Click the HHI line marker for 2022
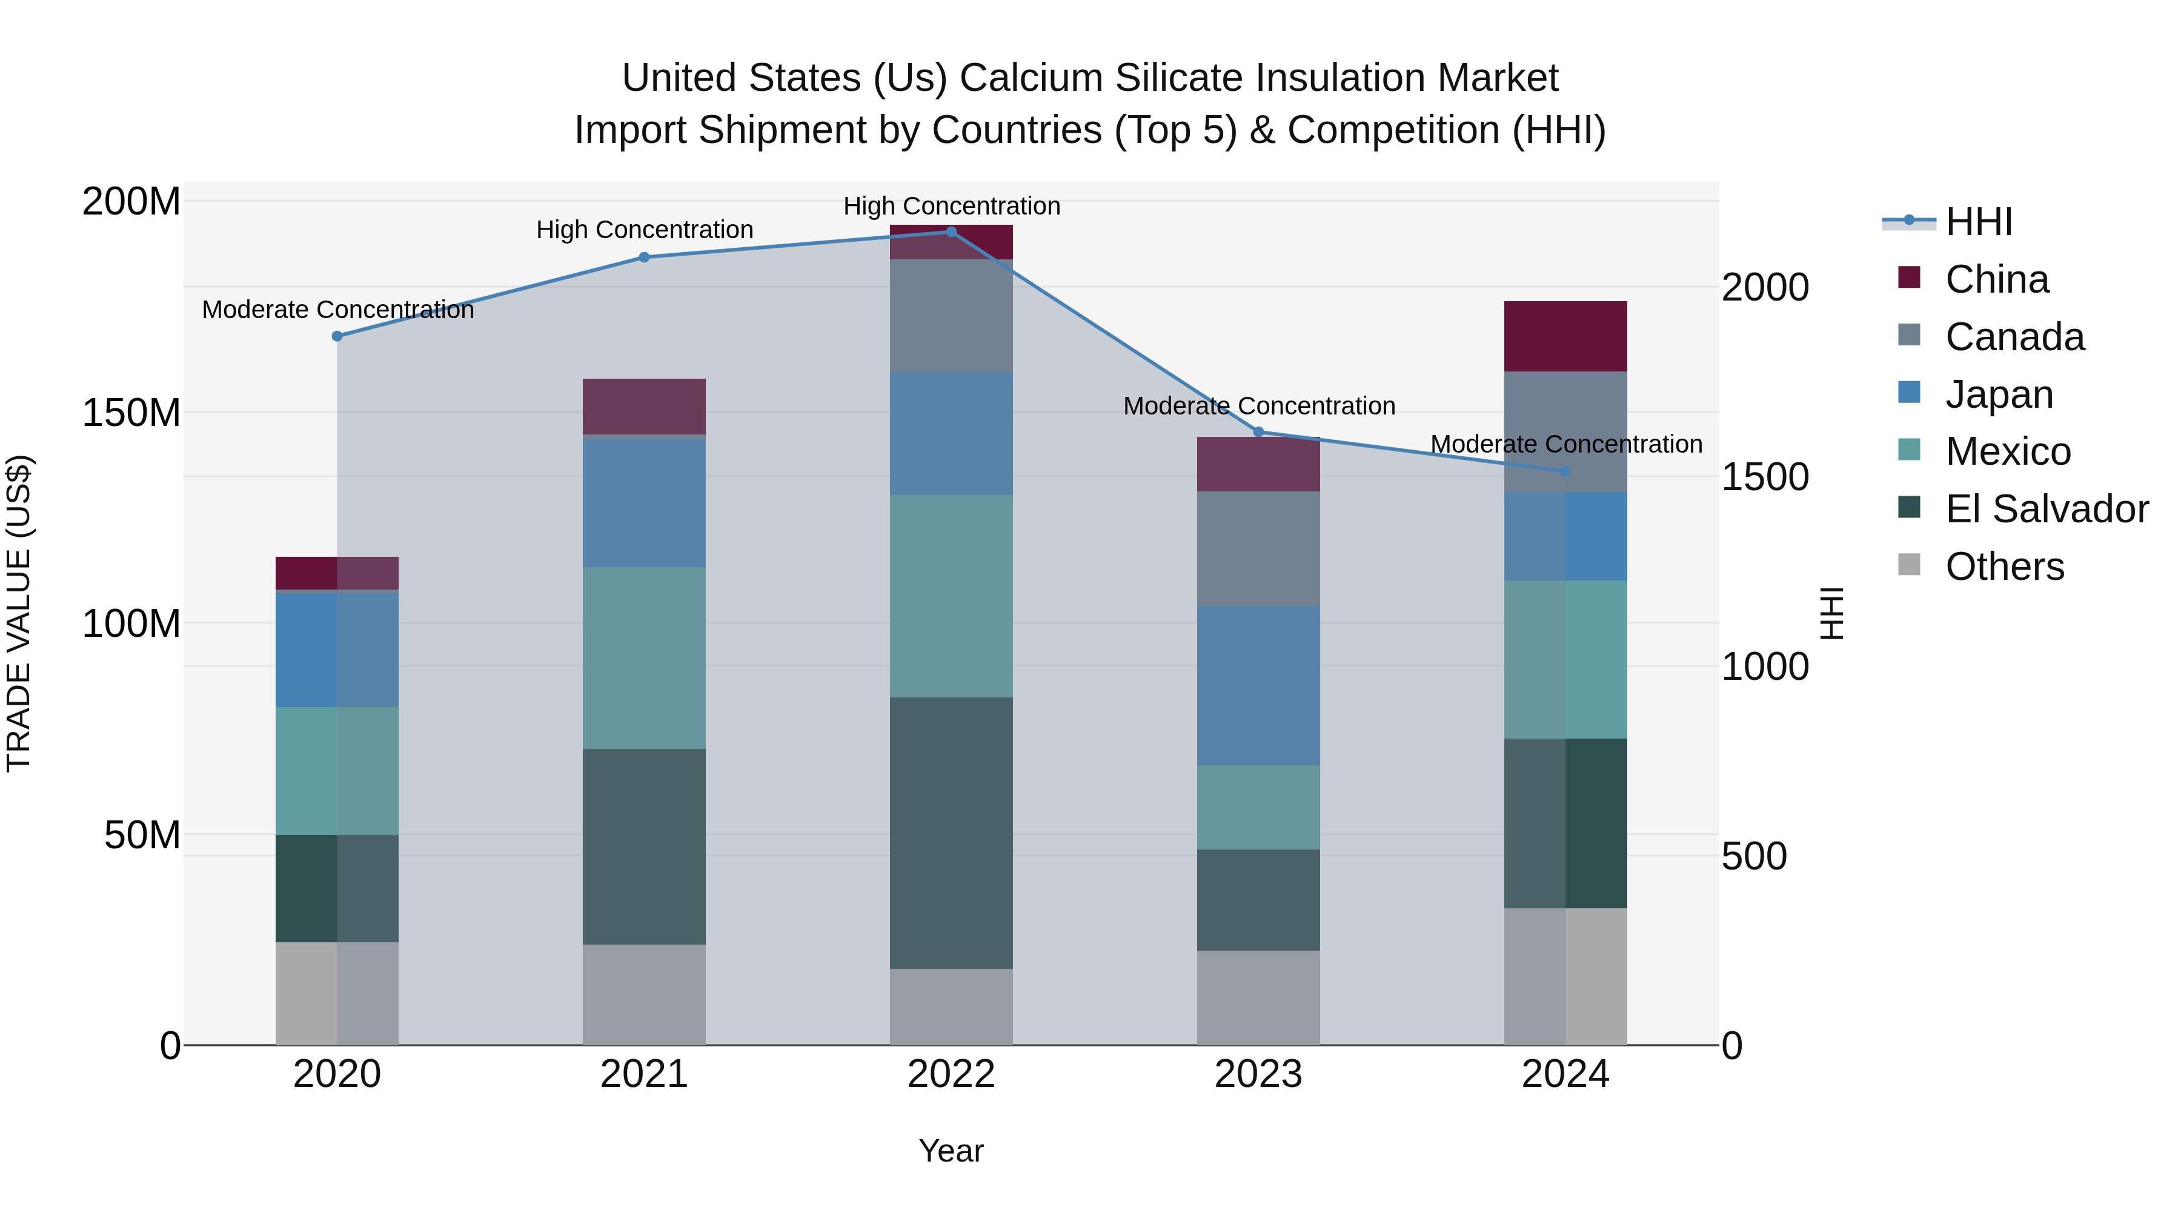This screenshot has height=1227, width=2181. pyautogui.click(x=951, y=232)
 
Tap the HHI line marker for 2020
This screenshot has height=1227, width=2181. pyautogui.click(x=337, y=336)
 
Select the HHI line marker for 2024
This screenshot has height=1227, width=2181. pyautogui.click(x=1565, y=471)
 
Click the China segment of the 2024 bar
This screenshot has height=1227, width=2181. pyautogui.click(x=1565, y=336)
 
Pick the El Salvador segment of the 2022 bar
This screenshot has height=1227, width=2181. pyautogui.click(x=951, y=833)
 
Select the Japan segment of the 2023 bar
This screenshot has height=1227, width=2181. pyautogui.click(x=1258, y=685)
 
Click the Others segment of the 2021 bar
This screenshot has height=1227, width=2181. pyautogui.click(x=643, y=994)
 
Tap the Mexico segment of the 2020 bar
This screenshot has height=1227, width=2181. pyautogui.click(x=337, y=771)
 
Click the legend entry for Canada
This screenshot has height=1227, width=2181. pyautogui.click(x=2013, y=337)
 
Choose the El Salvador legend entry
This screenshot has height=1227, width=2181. pyautogui.click(x=2045, y=509)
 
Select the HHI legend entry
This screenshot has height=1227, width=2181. pyautogui.click(x=1978, y=222)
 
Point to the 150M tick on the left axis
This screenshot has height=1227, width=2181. pyautogui.click(x=131, y=413)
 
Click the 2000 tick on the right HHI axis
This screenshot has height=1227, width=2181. pyautogui.click(x=1765, y=287)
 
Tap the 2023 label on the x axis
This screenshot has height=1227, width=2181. pyautogui.click(x=1258, y=1074)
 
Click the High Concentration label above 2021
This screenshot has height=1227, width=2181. pyautogui.click(x=645, y=230)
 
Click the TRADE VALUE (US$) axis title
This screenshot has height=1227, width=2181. pyautogui.click(x=19, y=613)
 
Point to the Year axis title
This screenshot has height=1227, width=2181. pyautogui.click(x=951, y=1151)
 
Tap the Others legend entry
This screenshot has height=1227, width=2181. pyautogui.click(x=2003, y=567)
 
